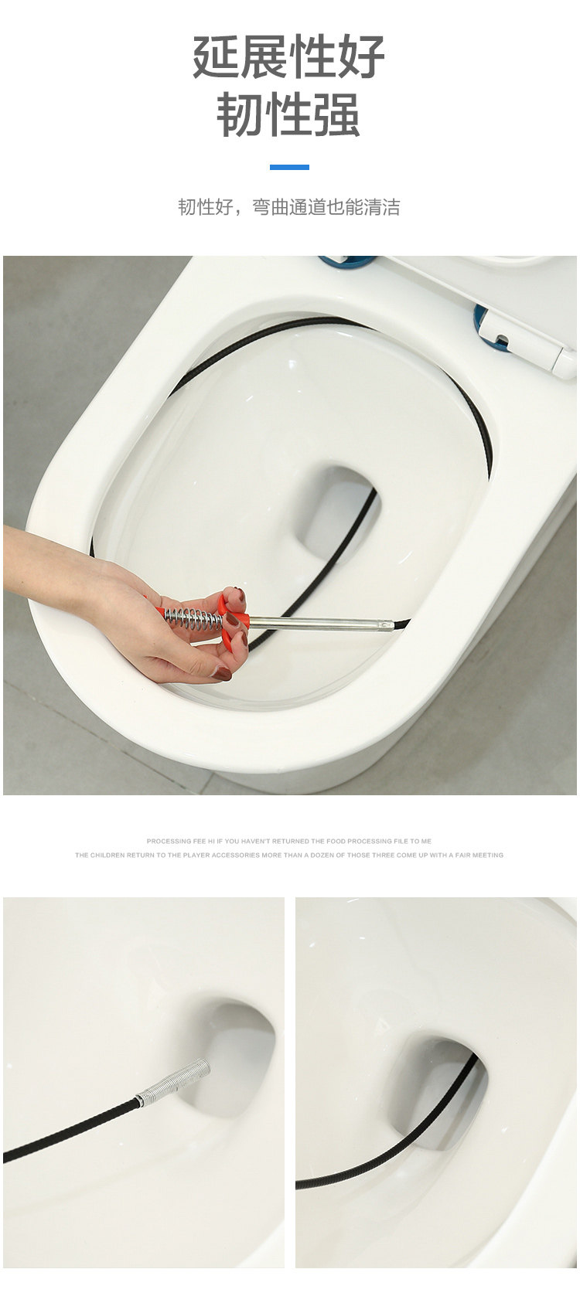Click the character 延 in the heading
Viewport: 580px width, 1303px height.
216,56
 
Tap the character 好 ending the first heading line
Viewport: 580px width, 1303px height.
361,56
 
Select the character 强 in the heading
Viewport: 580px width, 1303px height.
336,114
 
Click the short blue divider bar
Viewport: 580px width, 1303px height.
289,168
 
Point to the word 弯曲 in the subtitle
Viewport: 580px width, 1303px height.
271,207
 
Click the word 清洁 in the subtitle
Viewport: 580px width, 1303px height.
381,207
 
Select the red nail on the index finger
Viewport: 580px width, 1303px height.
237,595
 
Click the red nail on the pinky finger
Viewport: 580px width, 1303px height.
222,674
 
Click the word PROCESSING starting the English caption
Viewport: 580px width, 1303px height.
169,841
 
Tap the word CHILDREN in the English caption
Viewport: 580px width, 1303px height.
109,855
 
